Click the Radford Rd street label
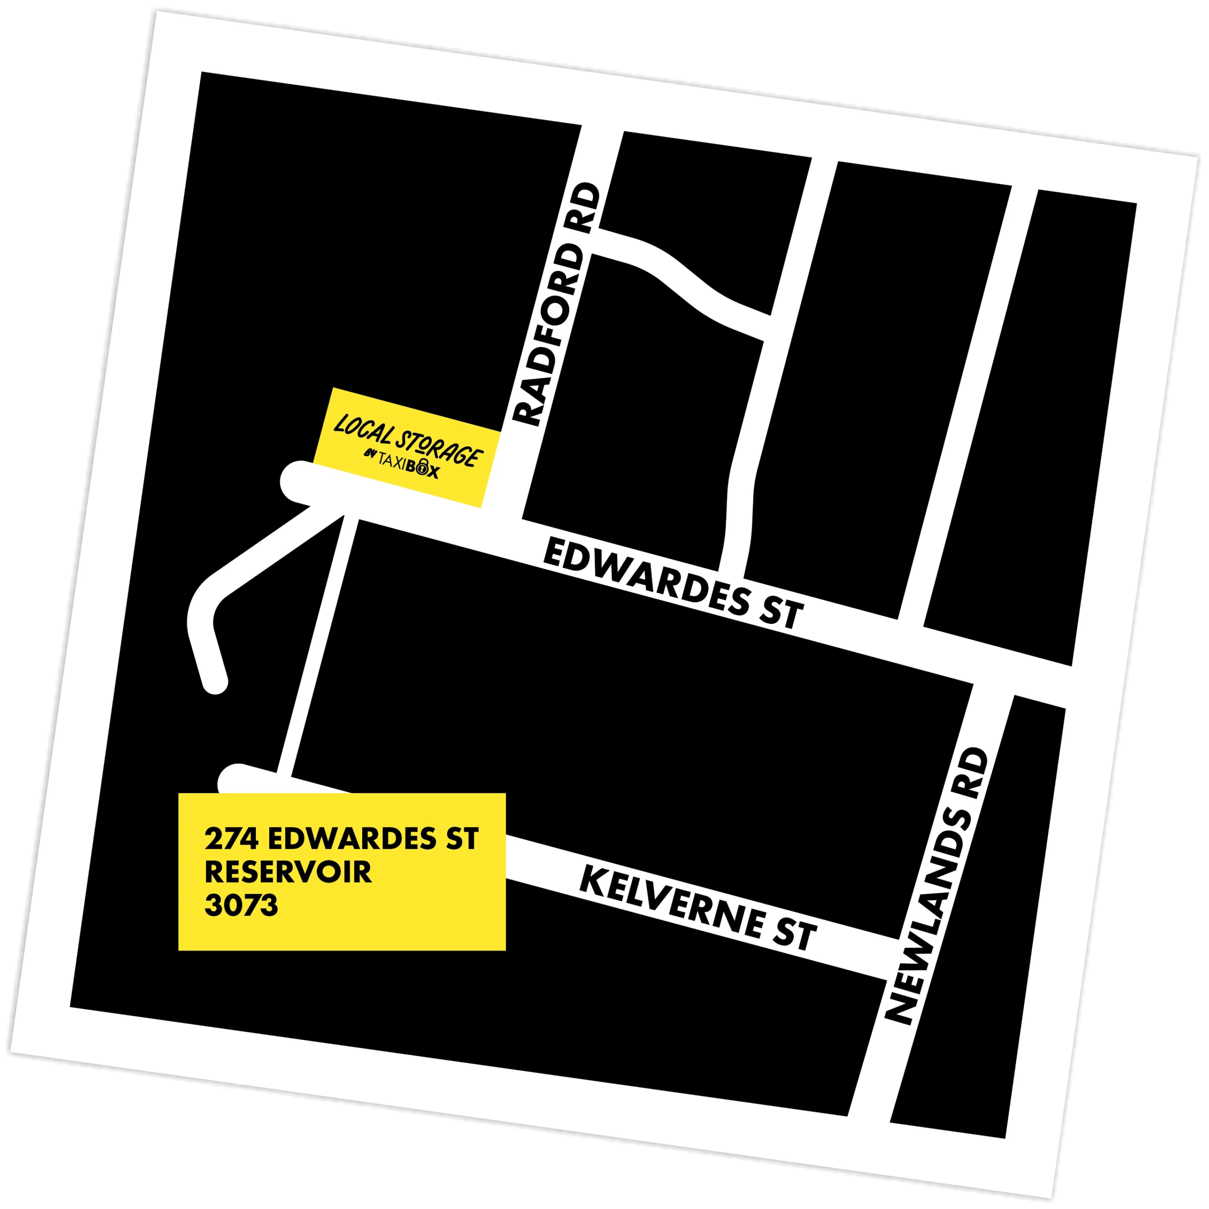click(x=557, y=305)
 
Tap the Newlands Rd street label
click(x=937, y=886)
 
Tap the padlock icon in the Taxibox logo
click(x=423, y=466)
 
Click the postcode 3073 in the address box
click(x=241, y=905)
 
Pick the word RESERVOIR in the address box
click(x=289, y=872)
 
